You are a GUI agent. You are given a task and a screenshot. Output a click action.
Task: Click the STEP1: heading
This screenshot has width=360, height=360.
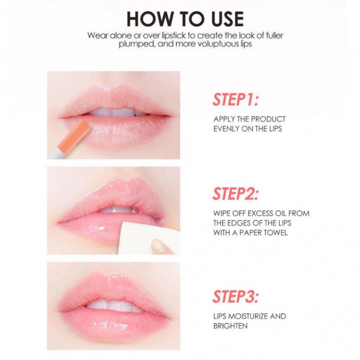pyautogui.click(x=236, y=99)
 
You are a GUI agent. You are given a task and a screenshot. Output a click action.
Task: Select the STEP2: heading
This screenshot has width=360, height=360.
pyautogui.click(x=236, y=194)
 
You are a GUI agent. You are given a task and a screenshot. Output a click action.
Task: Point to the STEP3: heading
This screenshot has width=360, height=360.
pyautogui.click(x=236, y=297)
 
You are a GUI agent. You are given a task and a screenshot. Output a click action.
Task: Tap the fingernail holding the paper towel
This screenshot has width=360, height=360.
pyautogui.click(x=161, y=246)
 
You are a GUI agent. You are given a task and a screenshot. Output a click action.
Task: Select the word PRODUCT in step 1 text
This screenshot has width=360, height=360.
pyautogui.click(x=268, y=119)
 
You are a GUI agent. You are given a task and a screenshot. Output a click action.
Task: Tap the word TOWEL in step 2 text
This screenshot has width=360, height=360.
pyautogui.click(x=275, y=233)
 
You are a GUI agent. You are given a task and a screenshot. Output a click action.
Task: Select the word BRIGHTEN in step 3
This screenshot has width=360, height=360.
pyautogui.click(x=230, y=326)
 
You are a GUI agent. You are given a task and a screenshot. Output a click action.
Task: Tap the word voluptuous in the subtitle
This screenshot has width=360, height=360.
pyautogui.click(x=218, y=44)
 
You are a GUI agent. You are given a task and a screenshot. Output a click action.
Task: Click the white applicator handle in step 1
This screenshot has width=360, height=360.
pyautogui.click(x=56, y=153)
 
